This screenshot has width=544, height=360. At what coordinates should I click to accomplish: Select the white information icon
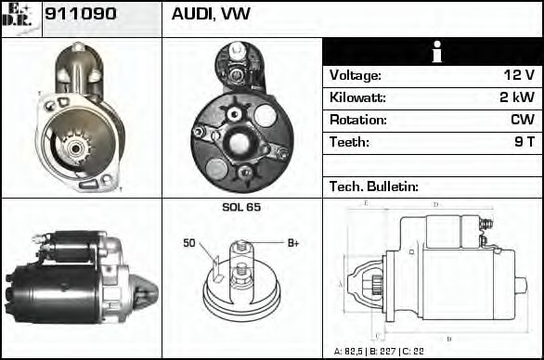click(x=433, y=52)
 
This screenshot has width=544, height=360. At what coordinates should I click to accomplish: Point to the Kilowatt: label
click(x=357, y=97)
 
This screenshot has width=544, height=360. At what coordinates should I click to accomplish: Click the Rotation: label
click(x=357, y=120)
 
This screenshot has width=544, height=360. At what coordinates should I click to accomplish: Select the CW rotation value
click(x=522, y=120)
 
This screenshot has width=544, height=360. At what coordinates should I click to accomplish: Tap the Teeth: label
click(x=349, y=142)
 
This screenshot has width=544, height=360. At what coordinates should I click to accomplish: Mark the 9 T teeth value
click(x=525, y=142)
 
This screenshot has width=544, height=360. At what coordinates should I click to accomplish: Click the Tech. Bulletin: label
click(x=373, y=186)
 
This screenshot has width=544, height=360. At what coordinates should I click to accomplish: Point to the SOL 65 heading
click(x=241, y=207)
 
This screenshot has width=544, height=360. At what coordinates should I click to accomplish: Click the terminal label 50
click(x=189, y=243)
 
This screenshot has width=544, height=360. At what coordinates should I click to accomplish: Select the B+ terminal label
click(x=292, y=243)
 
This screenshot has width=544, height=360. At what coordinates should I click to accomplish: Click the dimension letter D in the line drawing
click(x=434, y=204)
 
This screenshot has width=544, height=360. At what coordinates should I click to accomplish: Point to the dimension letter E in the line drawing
click(x=367, y=202)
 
